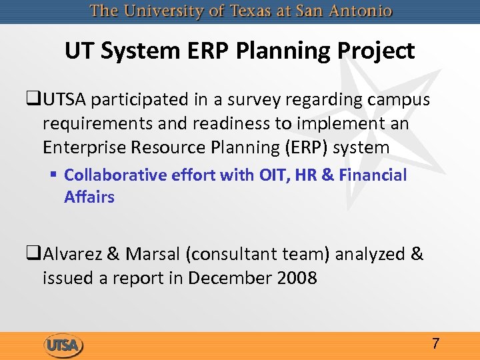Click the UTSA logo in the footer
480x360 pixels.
[x=63, y=345]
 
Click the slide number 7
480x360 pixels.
[x=435, y=344]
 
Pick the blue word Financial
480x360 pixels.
[x=373, y=175]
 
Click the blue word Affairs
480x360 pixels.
[x=89, y=197]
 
